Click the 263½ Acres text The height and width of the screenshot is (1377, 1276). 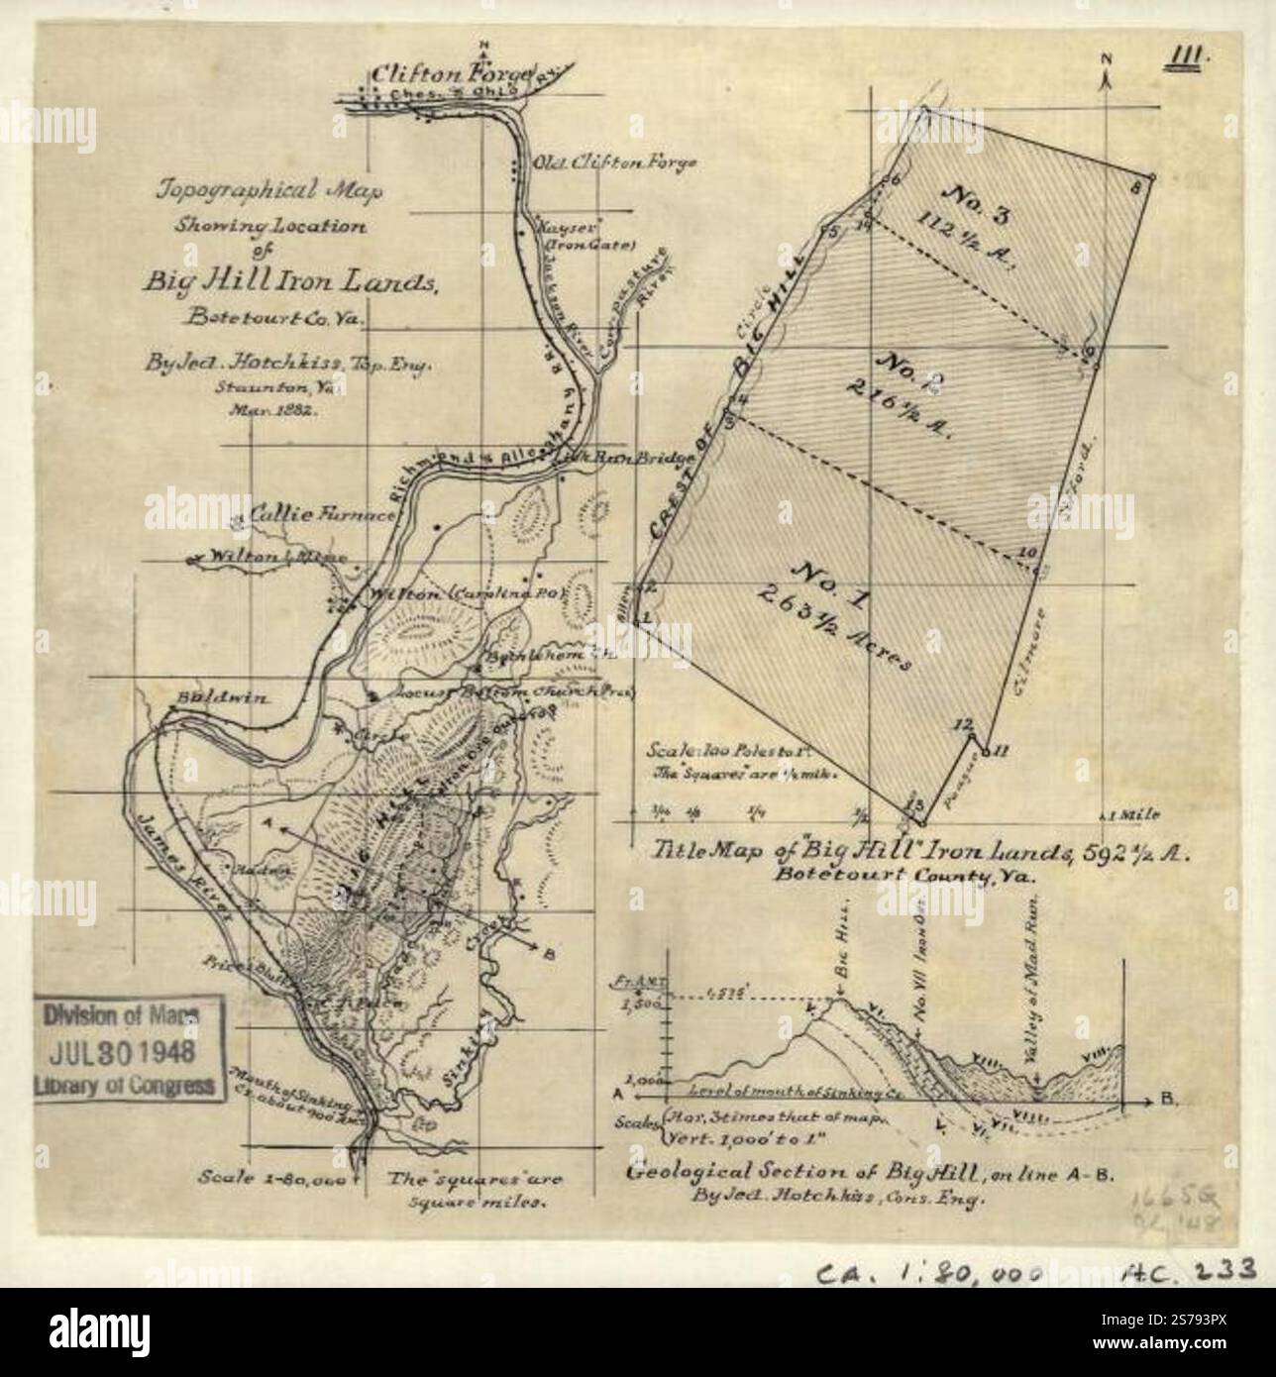point(833,623)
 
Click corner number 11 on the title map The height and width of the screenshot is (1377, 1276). point(1001,751)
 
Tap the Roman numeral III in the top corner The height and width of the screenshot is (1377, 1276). point(1190,55)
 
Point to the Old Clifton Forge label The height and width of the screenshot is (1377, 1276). point(615,161)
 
